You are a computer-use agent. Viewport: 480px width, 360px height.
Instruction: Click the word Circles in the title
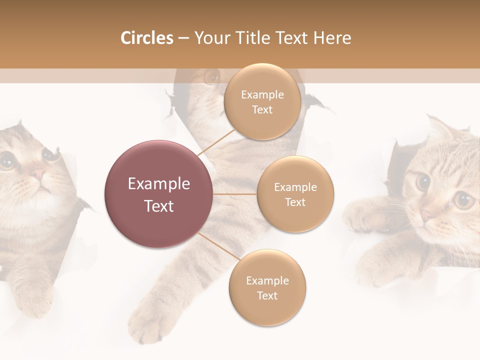click(147, 38)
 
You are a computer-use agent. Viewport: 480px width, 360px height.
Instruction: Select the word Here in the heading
click(333, 38)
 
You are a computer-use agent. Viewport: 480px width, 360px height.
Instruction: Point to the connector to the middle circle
click(235, 194)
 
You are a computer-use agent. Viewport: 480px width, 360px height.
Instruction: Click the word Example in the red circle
click(159, 184)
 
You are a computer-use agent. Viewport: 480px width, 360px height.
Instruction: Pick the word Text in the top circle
click(262, 110)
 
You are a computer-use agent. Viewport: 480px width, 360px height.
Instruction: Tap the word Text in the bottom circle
click(267, 296)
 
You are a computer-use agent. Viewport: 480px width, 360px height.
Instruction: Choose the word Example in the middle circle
click(295, 187)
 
